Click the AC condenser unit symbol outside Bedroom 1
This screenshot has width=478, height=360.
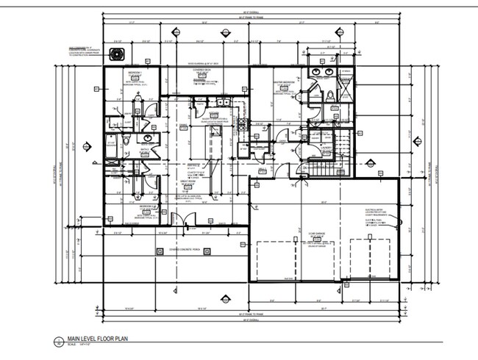pyautogui.click(x=114, y=54)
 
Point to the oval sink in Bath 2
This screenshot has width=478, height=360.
pyautogui.click(x=148, y=137)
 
